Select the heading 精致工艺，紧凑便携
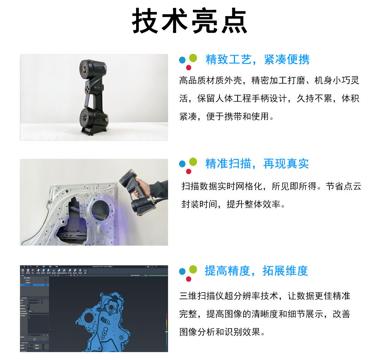point(258,59)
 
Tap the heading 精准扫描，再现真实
point(257,164)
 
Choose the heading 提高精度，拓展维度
point(256,270)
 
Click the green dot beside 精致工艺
point(193,58)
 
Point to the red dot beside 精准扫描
point(189,172)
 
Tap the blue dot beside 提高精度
point(182,271)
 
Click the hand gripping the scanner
point(143,187)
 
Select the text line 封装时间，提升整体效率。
point(233,204)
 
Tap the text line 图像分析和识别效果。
point(223,332)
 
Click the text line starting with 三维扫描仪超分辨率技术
point(265,296)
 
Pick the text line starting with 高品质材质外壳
point(269,80)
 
